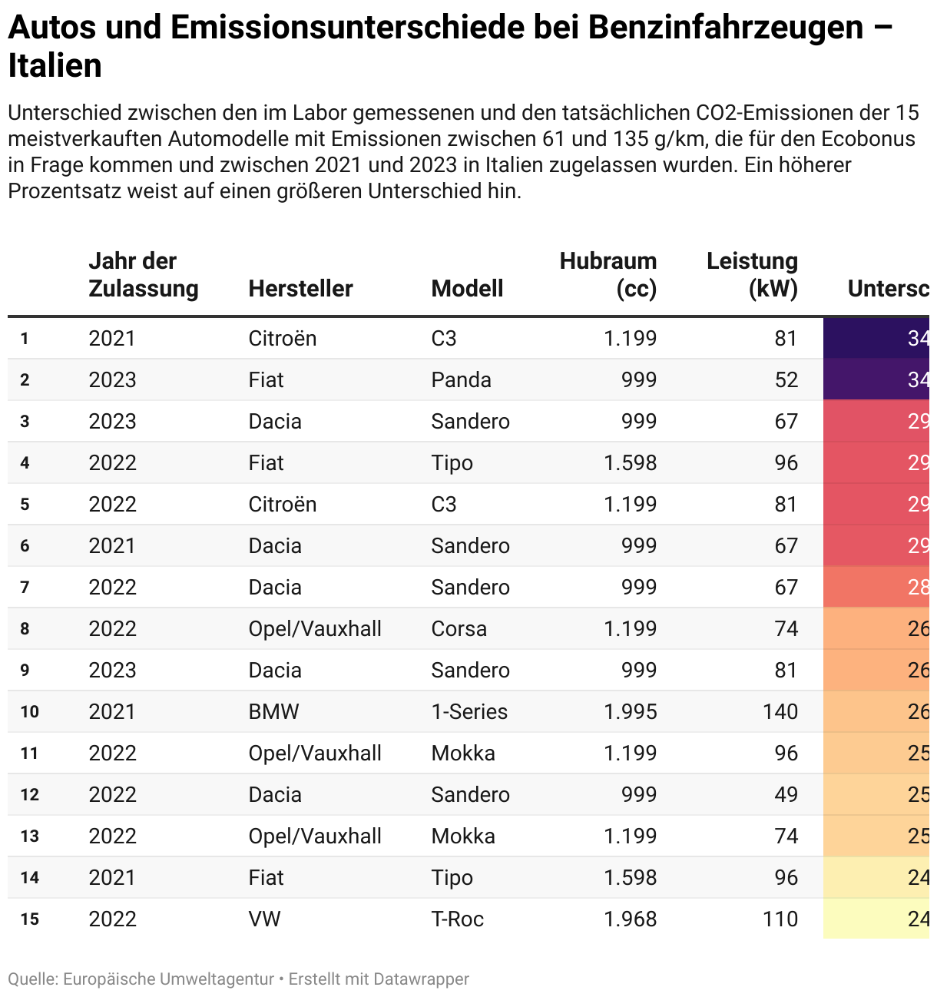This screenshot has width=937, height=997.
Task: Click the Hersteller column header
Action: tap(300, 289)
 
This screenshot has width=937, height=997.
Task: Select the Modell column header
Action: tap(467, 289)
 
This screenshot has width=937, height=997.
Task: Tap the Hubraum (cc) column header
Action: tap(608, 275)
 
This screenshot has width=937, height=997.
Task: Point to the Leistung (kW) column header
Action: tap(752, 275)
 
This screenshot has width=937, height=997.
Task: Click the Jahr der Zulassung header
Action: tap(143, 275)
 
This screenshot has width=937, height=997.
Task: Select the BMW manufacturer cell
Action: tap(273, 711)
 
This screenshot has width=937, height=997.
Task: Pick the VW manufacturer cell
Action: tap(264, 919)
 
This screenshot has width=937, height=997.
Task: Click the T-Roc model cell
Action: tap(457, 919)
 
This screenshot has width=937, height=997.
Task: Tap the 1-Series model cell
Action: tap(469, 711)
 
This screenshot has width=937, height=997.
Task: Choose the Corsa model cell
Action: tap(459, 628)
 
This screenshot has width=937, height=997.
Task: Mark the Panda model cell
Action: tap(461, 379)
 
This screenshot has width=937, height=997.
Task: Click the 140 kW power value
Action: tap(780, 711)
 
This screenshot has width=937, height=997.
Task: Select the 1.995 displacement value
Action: tap(630, 711)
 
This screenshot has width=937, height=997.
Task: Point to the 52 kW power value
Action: tap(786, 379)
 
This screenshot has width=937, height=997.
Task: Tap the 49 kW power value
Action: tap(786, 794)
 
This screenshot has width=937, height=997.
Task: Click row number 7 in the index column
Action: tap(25, 588)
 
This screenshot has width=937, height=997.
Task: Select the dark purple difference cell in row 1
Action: tap(879, 338)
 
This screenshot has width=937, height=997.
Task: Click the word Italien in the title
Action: tap(55, 66)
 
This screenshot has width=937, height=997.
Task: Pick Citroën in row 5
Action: tap(282, 504)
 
